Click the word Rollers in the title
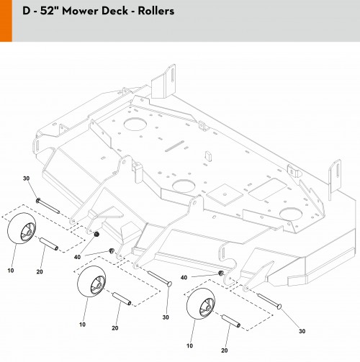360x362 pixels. (156, 11)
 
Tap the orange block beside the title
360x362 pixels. (6, 21)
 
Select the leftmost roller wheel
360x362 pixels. (22, 228)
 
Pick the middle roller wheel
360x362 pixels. (91, 281)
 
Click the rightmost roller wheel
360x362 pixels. (201, 304)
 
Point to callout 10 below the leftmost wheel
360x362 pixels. (11, 271)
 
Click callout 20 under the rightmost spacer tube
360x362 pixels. (225, 350)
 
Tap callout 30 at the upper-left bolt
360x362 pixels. (27, 178)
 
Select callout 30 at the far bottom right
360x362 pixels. (302, 331)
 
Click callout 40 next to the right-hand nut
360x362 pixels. (184, 278)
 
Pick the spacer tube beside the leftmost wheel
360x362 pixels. (49, 244)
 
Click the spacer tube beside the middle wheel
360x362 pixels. (122, 299)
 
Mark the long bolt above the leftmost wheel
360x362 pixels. (48, 206)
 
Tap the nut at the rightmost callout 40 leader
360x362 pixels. (221, 273)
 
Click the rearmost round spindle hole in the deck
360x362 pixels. (135, 124)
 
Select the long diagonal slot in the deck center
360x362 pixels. (174, 146)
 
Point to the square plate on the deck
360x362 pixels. (225, 194)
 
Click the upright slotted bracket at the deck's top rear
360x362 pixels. (163, 81)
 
